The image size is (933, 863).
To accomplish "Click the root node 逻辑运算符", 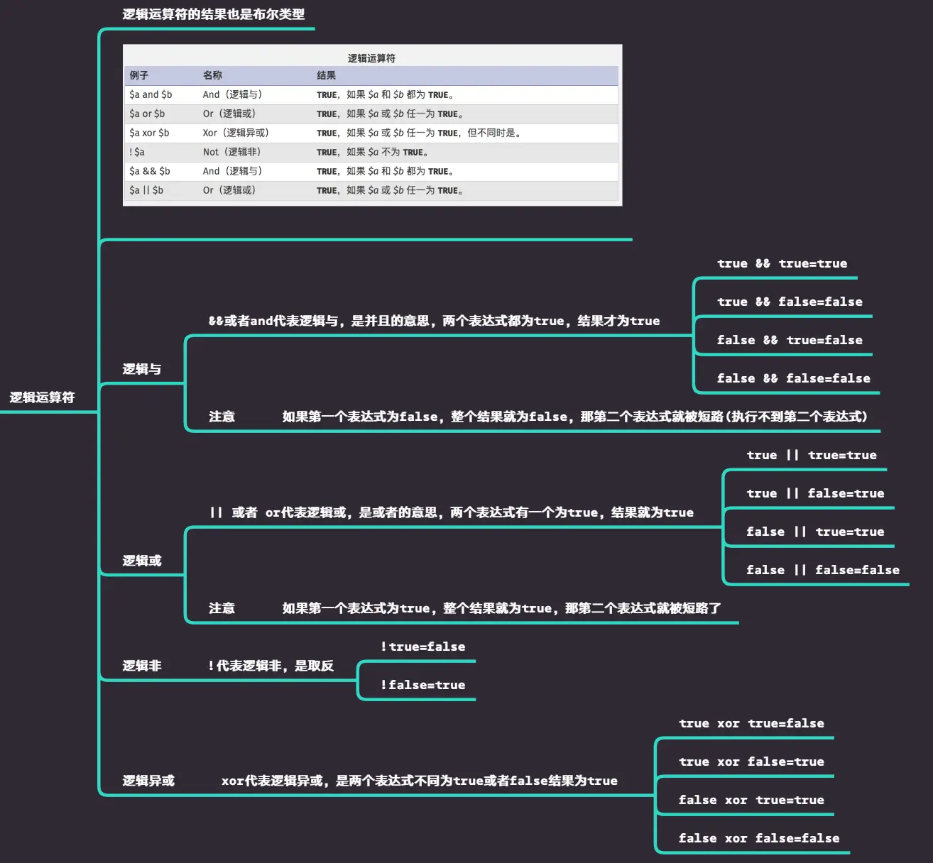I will (x=42, y=397).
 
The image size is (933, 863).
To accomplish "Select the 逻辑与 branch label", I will (x=141, y=369).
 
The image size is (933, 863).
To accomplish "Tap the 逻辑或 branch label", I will (x=141, y=561).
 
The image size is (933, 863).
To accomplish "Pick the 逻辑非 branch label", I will (x=141, y=666).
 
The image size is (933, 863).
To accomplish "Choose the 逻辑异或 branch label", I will (x=148, y=781).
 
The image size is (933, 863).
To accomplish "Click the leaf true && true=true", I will (x=782, y=263).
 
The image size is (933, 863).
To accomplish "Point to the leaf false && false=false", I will (x=793, y=378).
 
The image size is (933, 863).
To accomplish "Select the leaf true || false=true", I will (x=815, y=493).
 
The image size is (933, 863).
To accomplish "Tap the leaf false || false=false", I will (x=822, y=570).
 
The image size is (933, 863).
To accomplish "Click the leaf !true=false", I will (x=422, y=647).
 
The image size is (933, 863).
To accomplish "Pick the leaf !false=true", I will (x=422, y=685).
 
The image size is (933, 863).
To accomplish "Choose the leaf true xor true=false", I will (x=751, y=723).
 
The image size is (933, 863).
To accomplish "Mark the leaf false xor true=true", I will (x=751, y=800).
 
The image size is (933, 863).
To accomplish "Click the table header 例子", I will (x=138, y=75).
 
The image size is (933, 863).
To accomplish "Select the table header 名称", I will (x=212, y=75).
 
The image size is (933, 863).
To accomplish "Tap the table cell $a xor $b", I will (x=149, y=133).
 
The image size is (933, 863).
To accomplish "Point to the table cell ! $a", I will (x=137, y=152).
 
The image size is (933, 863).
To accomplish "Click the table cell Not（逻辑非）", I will (x=232, y=152).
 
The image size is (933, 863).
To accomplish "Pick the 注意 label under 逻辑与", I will (x=222, y=417).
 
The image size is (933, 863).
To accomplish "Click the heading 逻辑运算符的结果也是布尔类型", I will (x=213, y=14).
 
